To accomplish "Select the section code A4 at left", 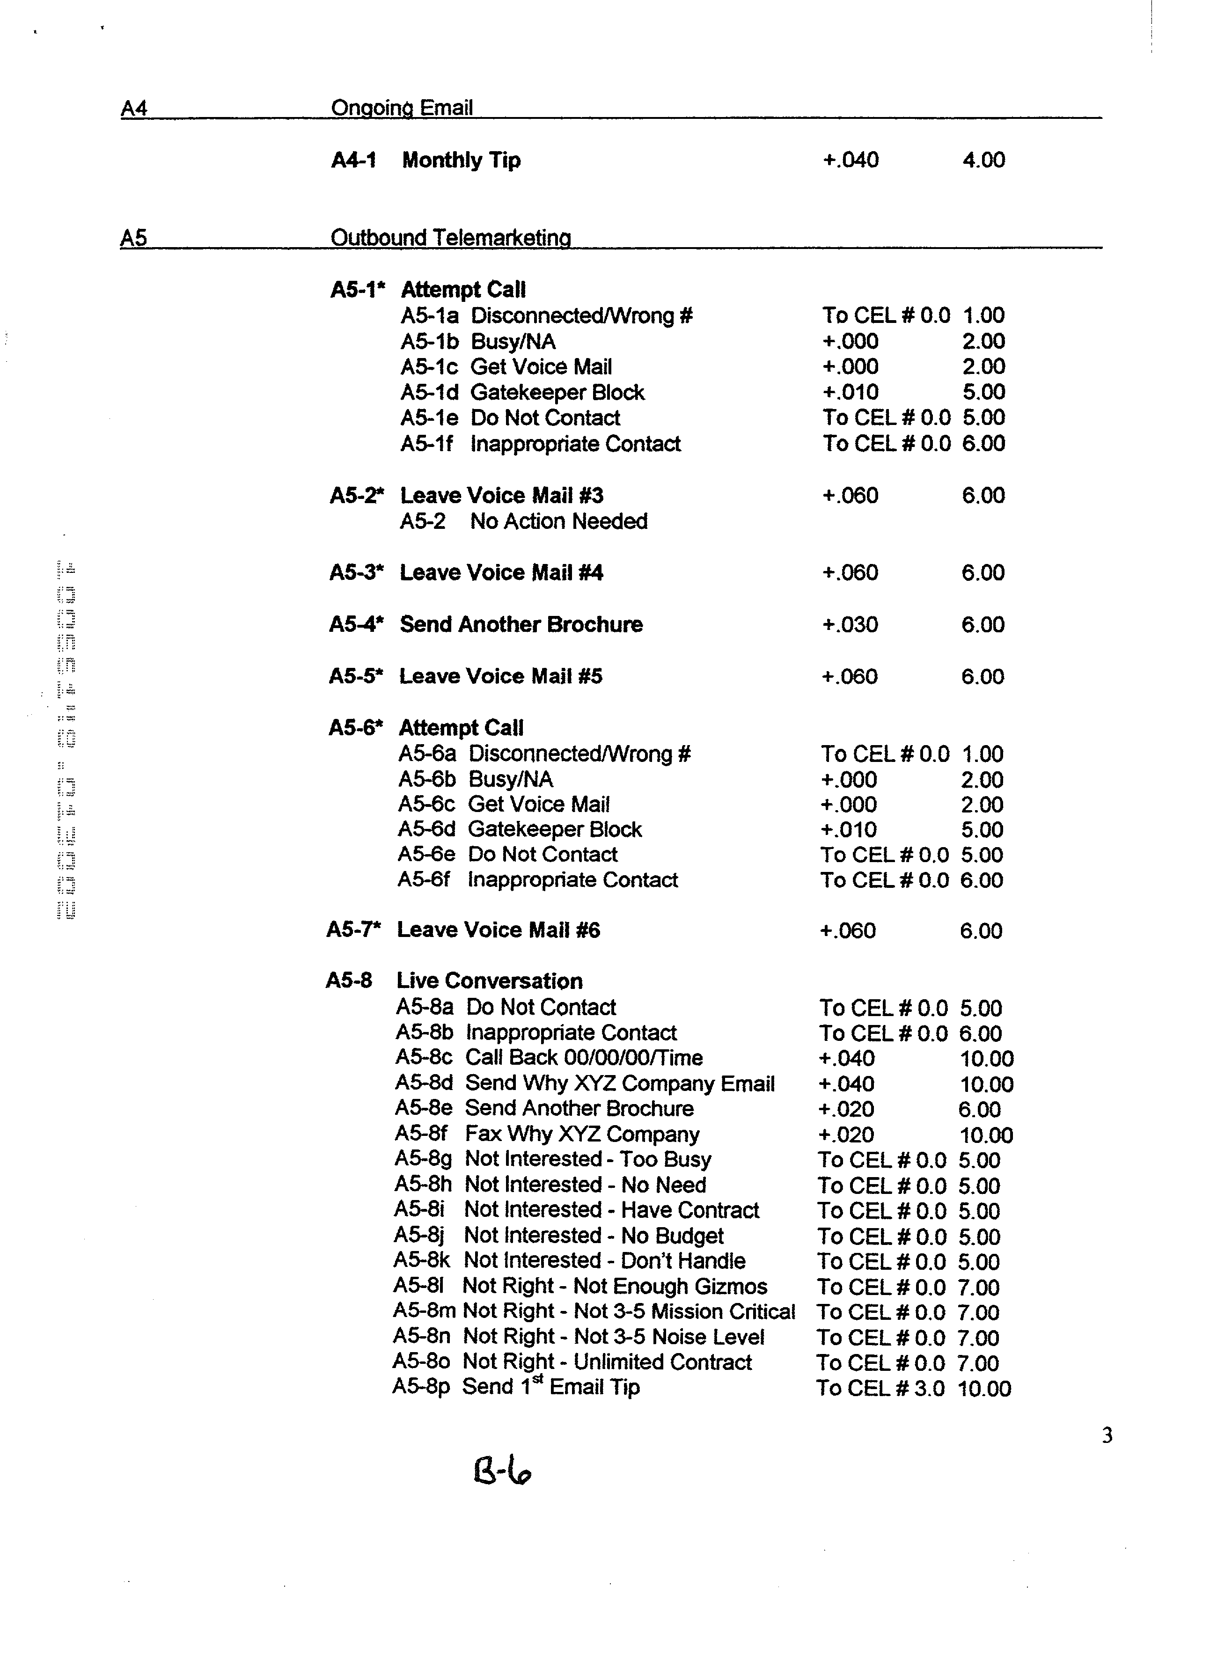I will point(134,109).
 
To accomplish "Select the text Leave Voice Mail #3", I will point(502,496).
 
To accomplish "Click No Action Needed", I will point(559,521).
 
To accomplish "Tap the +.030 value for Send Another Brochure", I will point(850,624).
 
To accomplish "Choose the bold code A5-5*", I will point(356,676).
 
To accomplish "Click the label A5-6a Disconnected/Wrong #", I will point(544,754).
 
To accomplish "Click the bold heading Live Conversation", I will point(489,981).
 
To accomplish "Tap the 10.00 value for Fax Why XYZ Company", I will point(986,1135).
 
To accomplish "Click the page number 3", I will point(1107,1436).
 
